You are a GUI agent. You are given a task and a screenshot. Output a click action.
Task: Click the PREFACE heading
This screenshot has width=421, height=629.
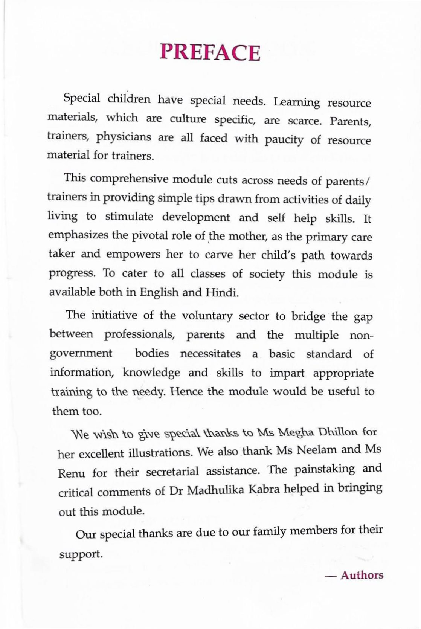tap(210, 53)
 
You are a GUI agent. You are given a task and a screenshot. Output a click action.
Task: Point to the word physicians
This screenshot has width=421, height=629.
tap(123, 137)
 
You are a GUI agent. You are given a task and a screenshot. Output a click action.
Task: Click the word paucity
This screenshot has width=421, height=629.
tap(284, 140)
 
